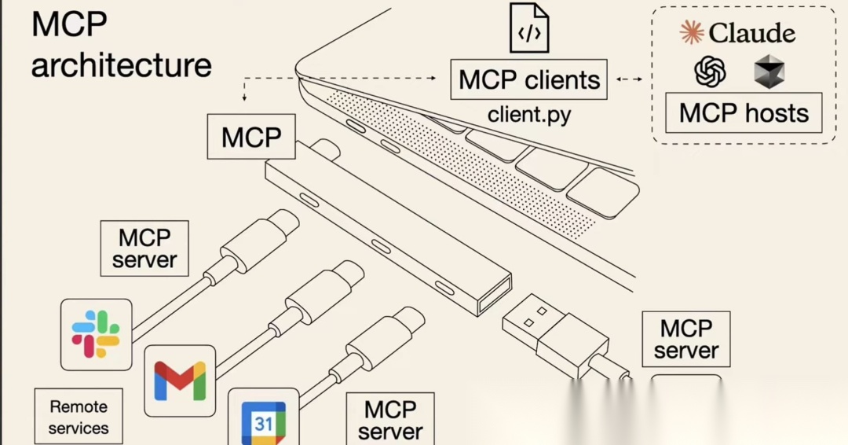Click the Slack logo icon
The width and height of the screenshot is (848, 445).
pos(96,334)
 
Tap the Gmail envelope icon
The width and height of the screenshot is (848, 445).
pos(180,381)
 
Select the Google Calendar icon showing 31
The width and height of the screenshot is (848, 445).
pos(263,423)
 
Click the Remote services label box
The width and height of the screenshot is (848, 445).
pos(79,417)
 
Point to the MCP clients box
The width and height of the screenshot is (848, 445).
pos(528,79)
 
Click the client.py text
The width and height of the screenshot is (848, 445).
pos(529,115)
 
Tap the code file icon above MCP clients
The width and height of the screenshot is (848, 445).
pos(528,28)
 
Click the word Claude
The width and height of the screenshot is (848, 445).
pos(751,33)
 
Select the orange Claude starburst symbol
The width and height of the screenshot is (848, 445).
pos(691,32)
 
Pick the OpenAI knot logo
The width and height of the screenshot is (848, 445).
pos(710,72)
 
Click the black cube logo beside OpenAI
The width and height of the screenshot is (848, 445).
pos(769,72)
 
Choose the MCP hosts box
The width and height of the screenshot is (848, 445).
pos(743,113)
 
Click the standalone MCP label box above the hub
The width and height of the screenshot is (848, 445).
pos(251,137)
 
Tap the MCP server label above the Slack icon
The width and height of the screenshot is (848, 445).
pos(144,248)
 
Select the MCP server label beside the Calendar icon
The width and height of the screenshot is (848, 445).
pos(390,419)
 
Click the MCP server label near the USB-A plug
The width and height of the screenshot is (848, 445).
pos(685,339)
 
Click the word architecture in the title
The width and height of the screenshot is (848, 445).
pos(122,65)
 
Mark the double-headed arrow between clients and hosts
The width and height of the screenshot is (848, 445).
pos(628,79)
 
